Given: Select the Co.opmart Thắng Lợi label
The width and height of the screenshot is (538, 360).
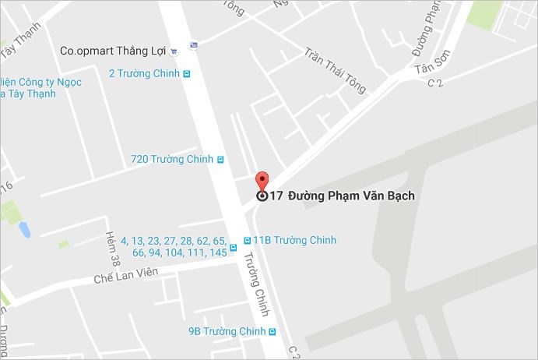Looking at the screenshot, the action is (114, 51).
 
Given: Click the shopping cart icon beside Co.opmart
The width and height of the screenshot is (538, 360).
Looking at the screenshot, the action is (174, 51).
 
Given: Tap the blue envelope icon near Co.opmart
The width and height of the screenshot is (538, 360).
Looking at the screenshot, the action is (193, 44).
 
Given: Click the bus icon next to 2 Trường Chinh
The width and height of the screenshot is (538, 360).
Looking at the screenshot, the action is (187, 74).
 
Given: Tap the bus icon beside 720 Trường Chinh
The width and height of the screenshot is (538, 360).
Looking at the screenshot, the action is (220, 159).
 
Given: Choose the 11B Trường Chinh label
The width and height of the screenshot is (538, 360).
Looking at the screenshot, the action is (294, 240).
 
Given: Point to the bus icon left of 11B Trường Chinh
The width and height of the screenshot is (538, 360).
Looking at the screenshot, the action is (247, 240).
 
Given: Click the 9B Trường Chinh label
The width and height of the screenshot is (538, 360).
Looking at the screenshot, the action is (227, 331).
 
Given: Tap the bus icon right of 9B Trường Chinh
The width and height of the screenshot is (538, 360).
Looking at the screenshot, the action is (273, 331).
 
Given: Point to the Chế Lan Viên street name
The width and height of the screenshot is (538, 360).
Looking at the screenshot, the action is (125, 274).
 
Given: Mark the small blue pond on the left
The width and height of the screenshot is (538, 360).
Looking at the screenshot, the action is (24, 230).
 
